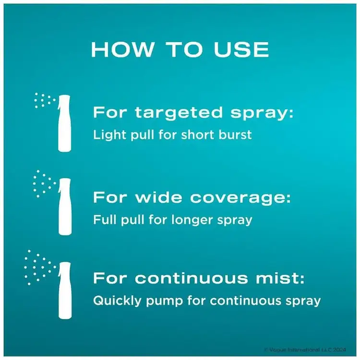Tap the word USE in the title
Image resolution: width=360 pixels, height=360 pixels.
(241, 49)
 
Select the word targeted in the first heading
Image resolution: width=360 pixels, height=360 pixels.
(179, 113)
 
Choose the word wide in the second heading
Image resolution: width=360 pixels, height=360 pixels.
(159, 197)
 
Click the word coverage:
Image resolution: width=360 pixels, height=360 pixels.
(240, 198)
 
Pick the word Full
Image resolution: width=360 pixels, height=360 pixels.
(105, 219)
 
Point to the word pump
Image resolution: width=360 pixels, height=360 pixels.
(164, 302)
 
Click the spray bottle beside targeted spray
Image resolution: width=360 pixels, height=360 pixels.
(64, 123)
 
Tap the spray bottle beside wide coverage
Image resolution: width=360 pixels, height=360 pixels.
(64, 206)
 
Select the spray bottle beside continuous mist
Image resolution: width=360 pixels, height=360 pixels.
(64, 290)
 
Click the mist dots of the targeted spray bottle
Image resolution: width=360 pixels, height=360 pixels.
(45, 100)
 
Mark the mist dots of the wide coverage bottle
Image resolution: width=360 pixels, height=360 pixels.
(44, 184)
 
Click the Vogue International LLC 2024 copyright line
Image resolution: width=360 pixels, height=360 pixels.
(305, 349)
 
